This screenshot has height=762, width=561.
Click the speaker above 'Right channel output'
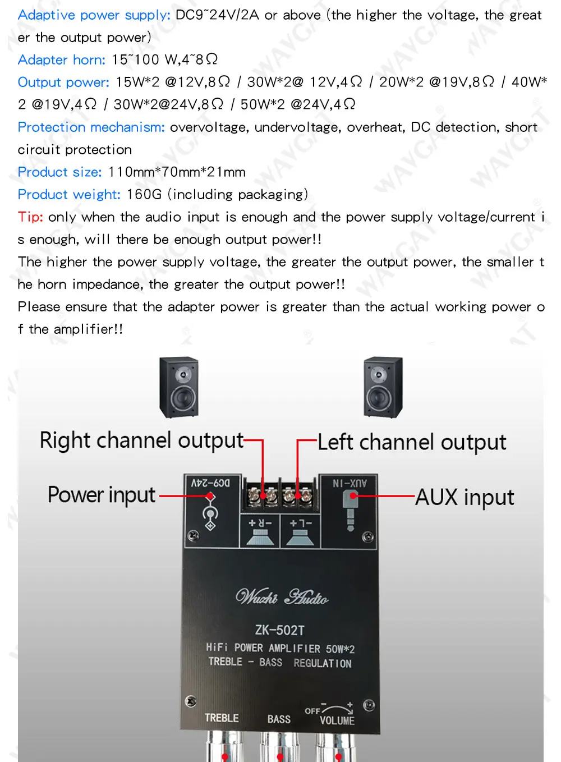point(179,387)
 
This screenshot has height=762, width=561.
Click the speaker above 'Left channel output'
point(383,387)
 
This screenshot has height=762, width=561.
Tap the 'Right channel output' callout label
point(142,441)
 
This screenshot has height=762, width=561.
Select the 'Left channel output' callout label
point(412,442)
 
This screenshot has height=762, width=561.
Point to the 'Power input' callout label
point(102,495)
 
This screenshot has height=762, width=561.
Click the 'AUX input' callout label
point(465,498)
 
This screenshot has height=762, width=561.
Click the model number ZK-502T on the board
point(279,630)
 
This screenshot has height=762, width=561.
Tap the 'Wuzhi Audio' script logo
point(282,596)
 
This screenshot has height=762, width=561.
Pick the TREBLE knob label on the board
point(222,718)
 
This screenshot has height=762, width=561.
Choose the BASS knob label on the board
point(279,719)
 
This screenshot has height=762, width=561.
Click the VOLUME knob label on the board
point(337,720)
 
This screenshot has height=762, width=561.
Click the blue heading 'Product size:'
point(59,172)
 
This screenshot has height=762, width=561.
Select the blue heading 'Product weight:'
point(69,195)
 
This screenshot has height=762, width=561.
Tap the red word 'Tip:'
point(30,217)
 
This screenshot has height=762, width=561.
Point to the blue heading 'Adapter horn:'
point(62,60)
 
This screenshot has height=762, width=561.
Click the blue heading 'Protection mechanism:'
point(91,127)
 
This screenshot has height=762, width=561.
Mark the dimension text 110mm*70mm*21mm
point(177,172)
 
